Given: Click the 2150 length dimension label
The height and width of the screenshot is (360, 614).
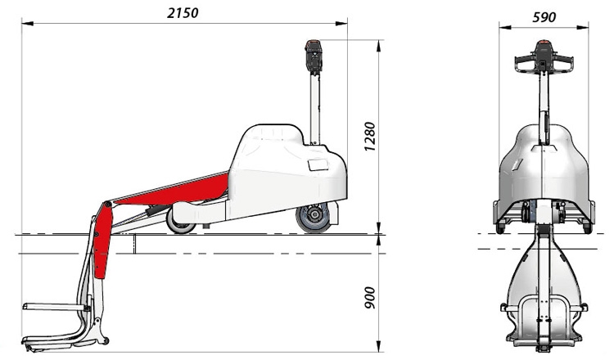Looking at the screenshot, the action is [183, 13].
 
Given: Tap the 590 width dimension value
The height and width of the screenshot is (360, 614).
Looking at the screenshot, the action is [544, 17].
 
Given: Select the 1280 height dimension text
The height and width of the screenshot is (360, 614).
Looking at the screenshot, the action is [370, 137].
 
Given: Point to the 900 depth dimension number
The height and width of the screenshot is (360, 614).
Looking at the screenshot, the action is [370, 298].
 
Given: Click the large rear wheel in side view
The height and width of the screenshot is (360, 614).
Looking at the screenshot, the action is [314, 217].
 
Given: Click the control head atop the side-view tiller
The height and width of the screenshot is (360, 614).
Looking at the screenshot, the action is [314, 56].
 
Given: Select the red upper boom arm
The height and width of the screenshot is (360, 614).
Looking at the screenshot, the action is [172, 191].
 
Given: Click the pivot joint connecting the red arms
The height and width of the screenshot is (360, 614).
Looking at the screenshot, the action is [107, 205].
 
